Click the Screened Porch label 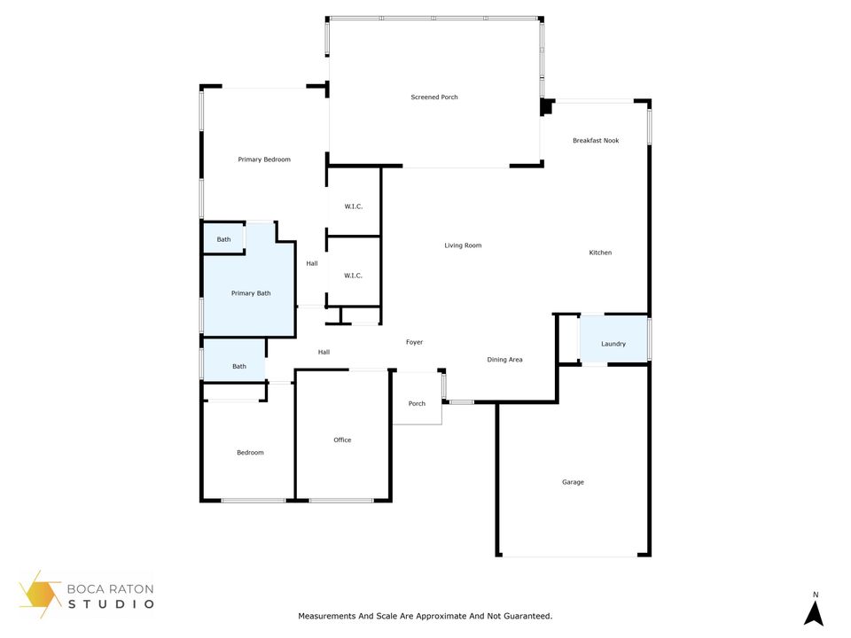(x=434, y=97)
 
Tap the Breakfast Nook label (x=596, y=140)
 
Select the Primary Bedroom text (x=264, y=159)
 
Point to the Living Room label (x=463, y=245)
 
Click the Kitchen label (x=600, y=253)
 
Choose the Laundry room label (x=613, y=344)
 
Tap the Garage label (x=573, y=482)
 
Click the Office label (x=342, y=440)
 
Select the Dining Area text (x=504, y=360)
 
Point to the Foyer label (x=414, y=342)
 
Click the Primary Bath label (x=251, y=292)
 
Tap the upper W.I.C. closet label (x=354, y=206)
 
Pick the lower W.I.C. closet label (x=353, y=276)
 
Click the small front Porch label (x=417, y=403)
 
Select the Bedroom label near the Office (x=250, y=453)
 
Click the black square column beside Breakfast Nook (x=546, y=107)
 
